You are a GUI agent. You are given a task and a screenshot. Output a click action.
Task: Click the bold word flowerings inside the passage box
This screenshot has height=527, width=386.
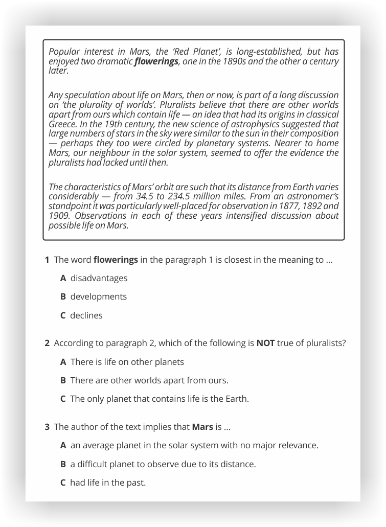156,62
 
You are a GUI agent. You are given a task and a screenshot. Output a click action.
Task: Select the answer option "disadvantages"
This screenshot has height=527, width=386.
99,278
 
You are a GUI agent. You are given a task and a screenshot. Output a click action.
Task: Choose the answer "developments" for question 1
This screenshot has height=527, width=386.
98,296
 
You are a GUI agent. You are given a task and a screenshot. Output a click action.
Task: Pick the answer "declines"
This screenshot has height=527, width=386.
86,315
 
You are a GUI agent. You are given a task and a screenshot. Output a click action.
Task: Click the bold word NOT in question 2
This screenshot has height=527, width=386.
265,343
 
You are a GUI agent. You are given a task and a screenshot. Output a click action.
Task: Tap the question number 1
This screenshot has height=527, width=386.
47,260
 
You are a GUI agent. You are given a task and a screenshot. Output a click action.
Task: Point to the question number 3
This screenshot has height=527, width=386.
47,426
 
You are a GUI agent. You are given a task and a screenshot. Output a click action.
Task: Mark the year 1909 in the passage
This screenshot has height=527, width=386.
59,216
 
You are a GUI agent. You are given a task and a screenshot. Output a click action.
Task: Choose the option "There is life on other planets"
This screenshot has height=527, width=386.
127,362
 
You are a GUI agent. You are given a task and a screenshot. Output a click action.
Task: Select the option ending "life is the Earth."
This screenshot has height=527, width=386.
159,399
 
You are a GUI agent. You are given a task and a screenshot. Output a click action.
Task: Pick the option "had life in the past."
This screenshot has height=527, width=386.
107,482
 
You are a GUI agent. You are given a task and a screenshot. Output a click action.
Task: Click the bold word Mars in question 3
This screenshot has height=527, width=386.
202,426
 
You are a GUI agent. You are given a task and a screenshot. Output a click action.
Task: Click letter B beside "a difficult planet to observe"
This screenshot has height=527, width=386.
63,464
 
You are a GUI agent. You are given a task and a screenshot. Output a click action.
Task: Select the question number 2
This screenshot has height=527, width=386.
47,343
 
